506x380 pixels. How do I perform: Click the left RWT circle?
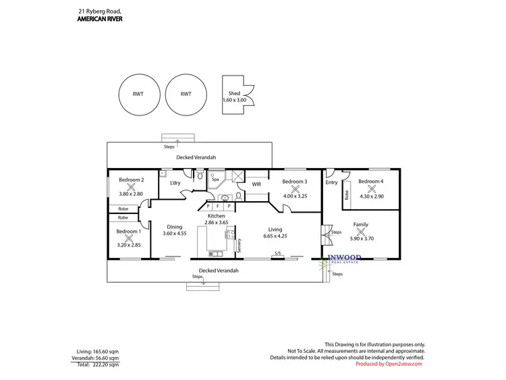[x=138, y=94]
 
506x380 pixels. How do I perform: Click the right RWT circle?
[x=185, y=94]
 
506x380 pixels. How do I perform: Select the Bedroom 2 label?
[x=132, y=180]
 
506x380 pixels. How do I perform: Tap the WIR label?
[x=256, y=184]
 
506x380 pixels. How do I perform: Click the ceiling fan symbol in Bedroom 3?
[x=295, y=189]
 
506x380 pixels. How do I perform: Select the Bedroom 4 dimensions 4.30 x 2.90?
[x=371, y=196]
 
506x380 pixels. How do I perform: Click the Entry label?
[x=331, y=182]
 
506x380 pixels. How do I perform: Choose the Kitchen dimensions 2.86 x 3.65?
[x=217, y=222]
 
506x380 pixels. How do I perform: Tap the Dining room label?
[x=174, y=227]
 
